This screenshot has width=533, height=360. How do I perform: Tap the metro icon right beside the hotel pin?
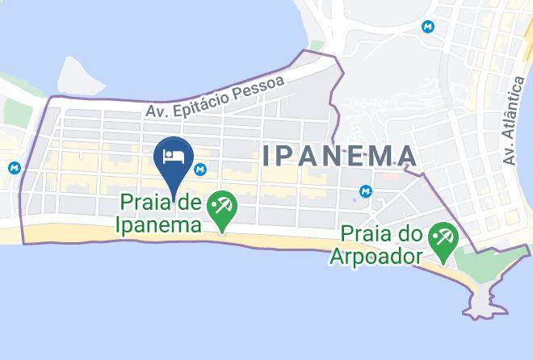(200, 170)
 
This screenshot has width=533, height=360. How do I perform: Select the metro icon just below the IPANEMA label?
(366, 191)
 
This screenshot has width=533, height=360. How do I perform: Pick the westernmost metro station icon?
(14, 169)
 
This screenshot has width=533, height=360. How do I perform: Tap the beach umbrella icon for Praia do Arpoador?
(444, 239)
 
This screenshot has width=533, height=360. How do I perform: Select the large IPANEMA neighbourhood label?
(339, 156)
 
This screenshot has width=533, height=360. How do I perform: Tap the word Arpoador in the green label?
(376, 257)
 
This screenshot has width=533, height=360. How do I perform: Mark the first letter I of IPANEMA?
(266, 156)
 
